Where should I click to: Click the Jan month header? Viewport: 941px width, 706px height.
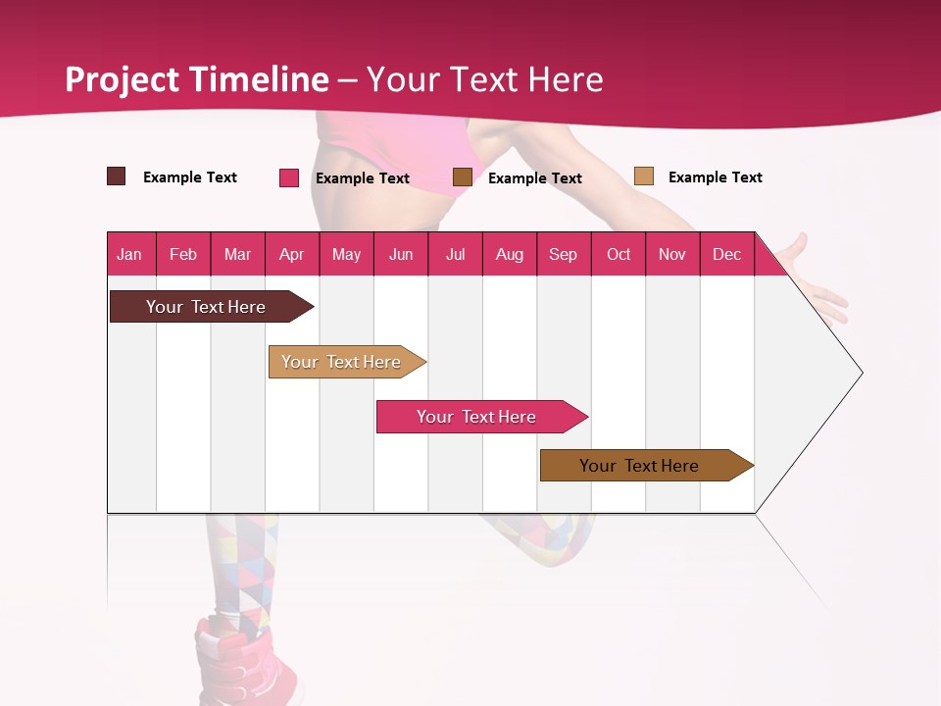point(129,254)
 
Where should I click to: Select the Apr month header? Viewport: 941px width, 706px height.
point(291,254)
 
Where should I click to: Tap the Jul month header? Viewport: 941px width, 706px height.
point(455,254)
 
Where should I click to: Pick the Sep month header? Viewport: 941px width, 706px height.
point(563,254)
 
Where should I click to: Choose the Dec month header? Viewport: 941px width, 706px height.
point(726,254)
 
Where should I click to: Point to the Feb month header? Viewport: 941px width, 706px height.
point(183,254)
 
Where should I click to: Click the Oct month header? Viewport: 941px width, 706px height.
point(619,254)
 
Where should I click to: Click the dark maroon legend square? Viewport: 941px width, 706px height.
point(117,176)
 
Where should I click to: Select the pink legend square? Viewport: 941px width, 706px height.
point(289,177)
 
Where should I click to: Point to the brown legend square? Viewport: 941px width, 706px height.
point(463,176)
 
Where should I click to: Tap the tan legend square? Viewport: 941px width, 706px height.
point(644,176)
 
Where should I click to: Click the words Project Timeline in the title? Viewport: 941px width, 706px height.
point(197,79)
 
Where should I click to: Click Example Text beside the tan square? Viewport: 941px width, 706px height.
point(715,177)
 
